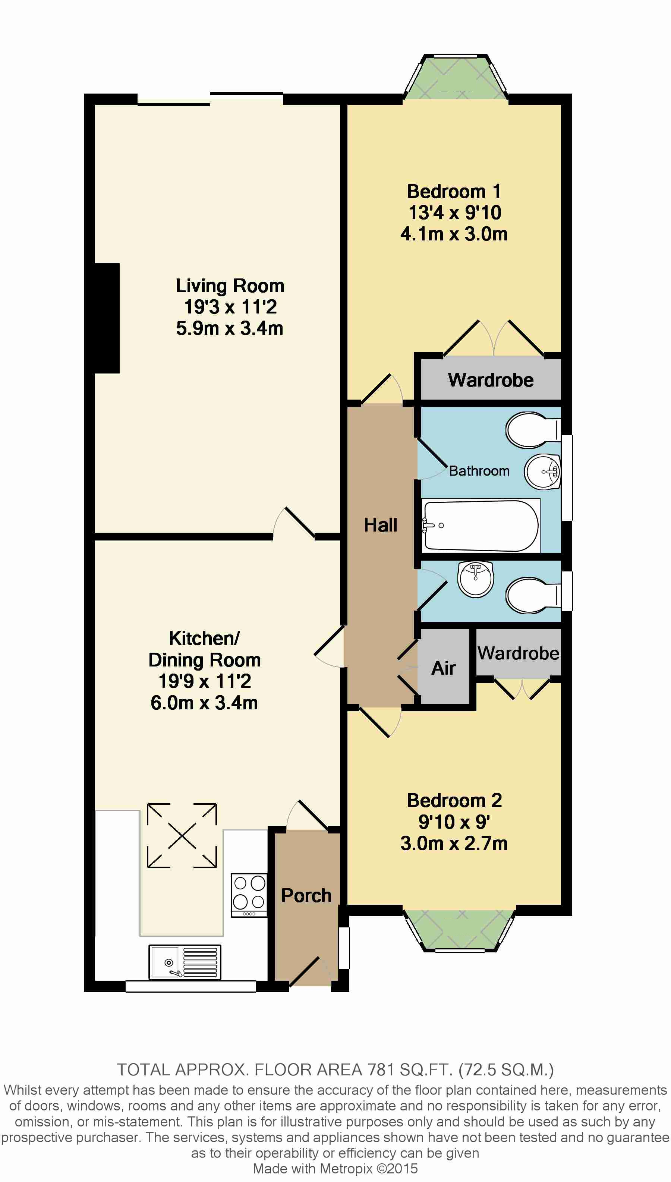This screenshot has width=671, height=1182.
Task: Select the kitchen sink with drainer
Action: click(185, 962)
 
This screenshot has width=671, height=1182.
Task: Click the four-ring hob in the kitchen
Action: click(249, 895)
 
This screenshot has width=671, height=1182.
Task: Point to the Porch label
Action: click(306, 895)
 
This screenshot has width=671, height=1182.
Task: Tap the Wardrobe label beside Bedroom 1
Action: click(491, 380)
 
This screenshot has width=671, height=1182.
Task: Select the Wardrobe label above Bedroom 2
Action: click(519, 653)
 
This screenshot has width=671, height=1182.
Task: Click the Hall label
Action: click(381, 525)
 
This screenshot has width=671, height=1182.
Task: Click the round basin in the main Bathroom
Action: click(542, 472)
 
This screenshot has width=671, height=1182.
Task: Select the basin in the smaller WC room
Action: click(476, 579)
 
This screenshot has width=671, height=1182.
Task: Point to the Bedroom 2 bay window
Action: click(459, 930)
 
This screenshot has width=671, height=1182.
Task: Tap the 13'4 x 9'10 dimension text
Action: click(455, 213)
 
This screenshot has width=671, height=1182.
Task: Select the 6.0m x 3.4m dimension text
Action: click(204, 703)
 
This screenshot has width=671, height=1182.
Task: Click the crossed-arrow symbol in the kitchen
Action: click(182, 835)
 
